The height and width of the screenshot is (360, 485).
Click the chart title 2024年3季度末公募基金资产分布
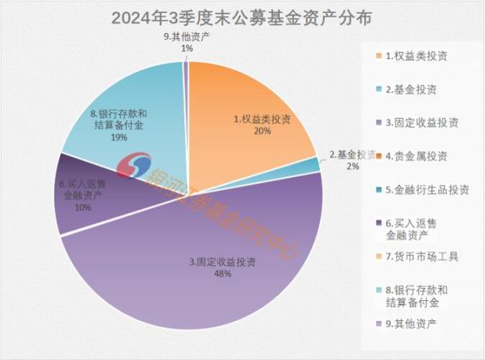[x=242, y=18]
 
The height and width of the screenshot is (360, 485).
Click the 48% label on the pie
[x=222, y=274]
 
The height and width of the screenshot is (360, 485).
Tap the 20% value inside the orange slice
[x=260, y=132]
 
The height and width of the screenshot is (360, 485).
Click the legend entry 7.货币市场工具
[x=421, y=256]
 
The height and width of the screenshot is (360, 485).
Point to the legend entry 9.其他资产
[x=411, y=323]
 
